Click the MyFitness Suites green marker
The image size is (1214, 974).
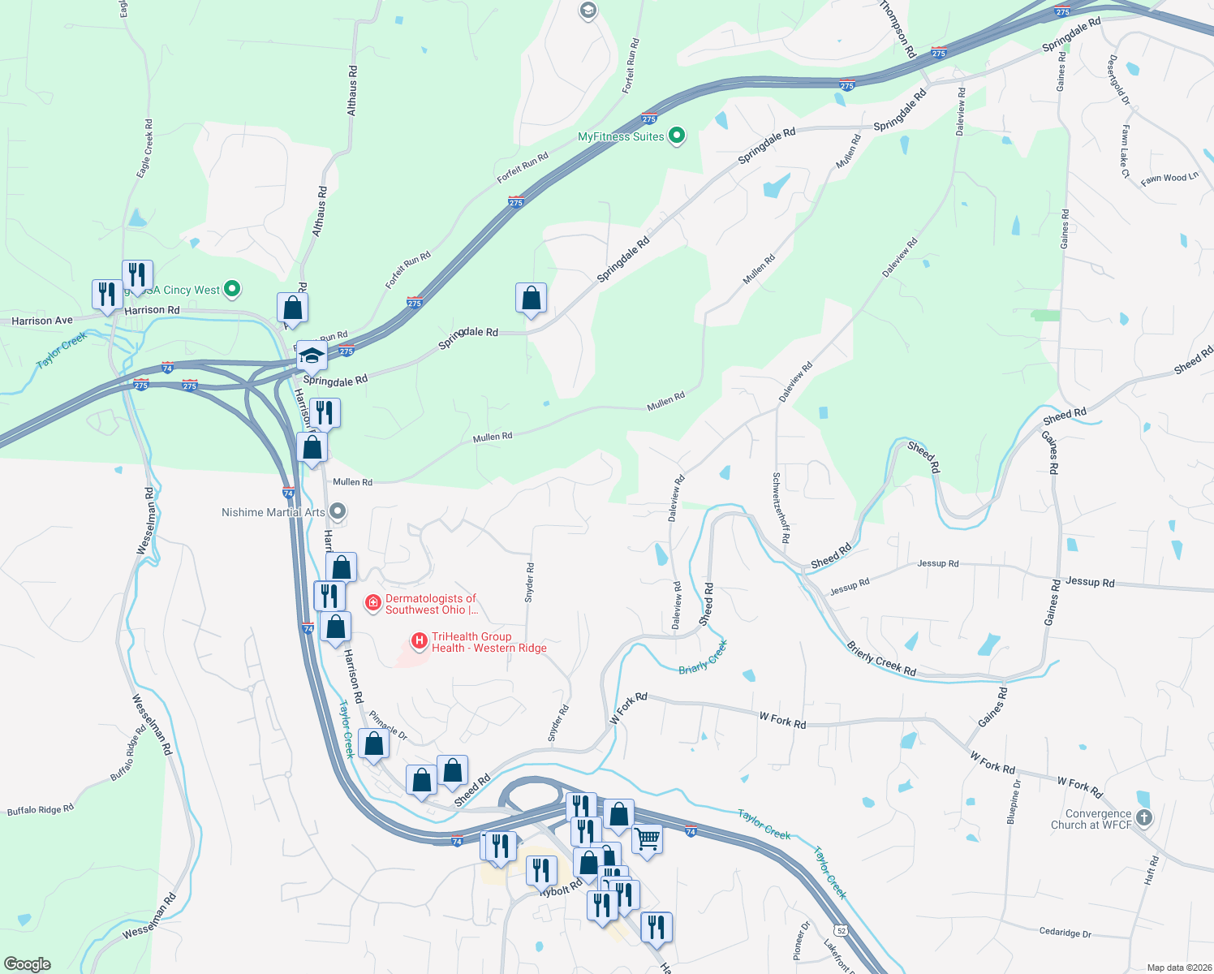pyautogui.click(x=677, y=136)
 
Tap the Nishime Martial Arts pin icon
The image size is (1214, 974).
pyautogui.click(x=338, y=512)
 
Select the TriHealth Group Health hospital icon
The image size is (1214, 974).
pyautogui.click(x=420, y=642)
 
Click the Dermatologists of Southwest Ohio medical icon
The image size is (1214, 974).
pyautogui.click(x=372, y=603)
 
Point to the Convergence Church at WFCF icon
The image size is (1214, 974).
pyautogui.click(x=1144, y=818)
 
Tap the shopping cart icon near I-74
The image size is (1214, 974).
pyautogui.click(x=647, y=839)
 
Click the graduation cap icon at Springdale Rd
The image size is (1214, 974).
pyautogui.click(x=311, y=356)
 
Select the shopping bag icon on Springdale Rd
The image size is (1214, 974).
pyautogui.click(x=531, y=299)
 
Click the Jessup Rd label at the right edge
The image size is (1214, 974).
pyautogui.click(x=1089, y=582)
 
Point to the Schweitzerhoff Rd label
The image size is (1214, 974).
pyautogui.click(x=781, y=508)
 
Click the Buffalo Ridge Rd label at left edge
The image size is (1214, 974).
pyautogui.click(x=41, y=809)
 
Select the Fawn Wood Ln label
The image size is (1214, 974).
pyautogui.click(x=1169, y=179)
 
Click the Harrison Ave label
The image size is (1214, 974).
pyautogui.click(x=42, y=321)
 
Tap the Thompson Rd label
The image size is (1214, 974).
pyautogui.click(x=898, y=29)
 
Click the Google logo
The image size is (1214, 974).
pyautogui.click(x=28, y=963)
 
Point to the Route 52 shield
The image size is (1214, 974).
pyautogui.click(x=842, y=930)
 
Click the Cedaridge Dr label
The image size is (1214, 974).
pyautogui.click(x=1065, y=933)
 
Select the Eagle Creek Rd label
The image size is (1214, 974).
pyautogui.click(x=144, y=149)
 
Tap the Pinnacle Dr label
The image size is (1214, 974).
pyautogui.click(x=388, y=726)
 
